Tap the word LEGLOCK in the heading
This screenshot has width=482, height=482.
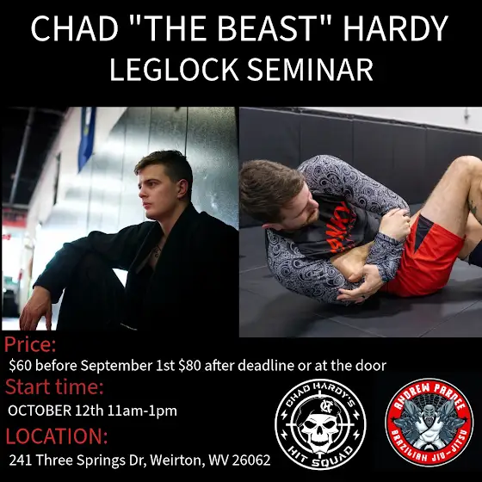click(x=174, y=69)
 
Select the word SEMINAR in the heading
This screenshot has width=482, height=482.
click(x=310, y=69)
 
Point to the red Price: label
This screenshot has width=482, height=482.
click(x=30, y=345)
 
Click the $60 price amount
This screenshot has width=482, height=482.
click(x=21, y=366)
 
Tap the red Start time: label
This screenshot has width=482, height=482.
click(x=54, y=386)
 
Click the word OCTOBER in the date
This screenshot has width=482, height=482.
click(x=40, y=411)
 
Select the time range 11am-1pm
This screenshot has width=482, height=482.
click(x=142, y=411)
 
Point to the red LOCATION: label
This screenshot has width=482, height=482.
click(x=57, y=436)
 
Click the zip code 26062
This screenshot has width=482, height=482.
click(x=251, y=460)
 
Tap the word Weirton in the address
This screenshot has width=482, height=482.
click(x=176, y=460)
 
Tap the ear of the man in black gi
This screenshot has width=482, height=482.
click(x=182, y=188)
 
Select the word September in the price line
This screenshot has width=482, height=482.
click(x=116, y=366)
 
